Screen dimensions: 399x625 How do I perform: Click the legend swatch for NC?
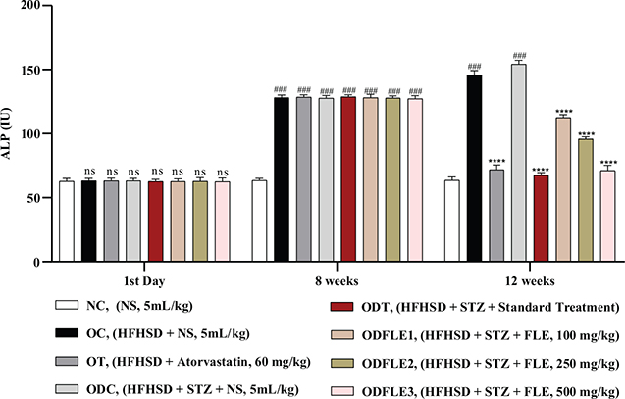68,305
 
